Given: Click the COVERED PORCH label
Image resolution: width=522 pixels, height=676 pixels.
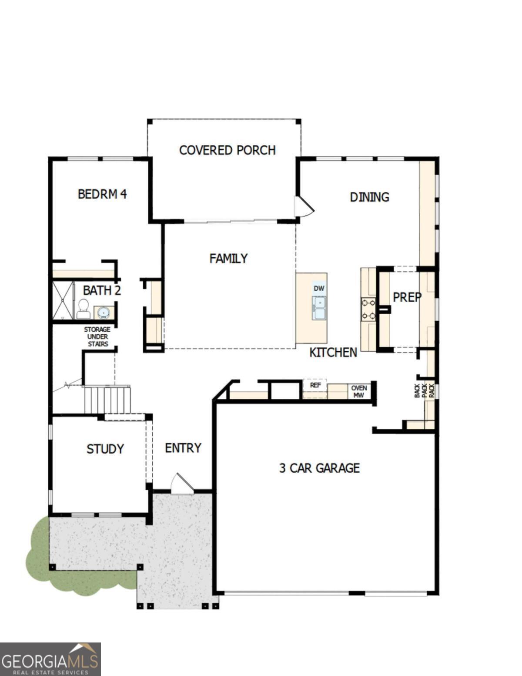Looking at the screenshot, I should (227, 150).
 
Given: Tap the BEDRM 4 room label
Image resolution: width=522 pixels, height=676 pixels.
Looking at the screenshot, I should (102, 194).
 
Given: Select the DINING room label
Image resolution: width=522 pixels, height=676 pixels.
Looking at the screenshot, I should (369, 197).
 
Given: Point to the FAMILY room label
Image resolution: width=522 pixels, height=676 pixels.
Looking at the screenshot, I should (228, 259).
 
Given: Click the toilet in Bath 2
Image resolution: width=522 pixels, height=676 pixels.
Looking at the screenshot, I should (83, 309).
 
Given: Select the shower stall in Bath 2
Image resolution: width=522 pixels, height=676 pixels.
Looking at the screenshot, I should (63, 301).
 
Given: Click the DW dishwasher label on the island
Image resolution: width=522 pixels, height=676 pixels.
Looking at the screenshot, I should (319, 288).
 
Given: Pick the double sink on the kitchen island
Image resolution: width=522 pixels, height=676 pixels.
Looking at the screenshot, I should (319, 307).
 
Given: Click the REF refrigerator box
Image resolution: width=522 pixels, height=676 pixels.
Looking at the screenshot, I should (315, 385).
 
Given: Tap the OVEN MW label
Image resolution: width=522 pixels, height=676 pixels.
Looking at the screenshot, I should (359, 391).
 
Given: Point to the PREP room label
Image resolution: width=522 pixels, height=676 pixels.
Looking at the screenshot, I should (407, 297).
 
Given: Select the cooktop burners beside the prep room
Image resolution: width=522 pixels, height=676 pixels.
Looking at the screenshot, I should (368, 309).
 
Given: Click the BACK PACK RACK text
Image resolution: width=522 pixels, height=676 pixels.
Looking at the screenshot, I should (424, 390).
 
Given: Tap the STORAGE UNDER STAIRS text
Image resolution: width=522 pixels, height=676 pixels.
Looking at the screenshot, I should (97, 336).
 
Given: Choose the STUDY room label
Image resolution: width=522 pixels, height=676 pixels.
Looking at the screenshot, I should (105, 449).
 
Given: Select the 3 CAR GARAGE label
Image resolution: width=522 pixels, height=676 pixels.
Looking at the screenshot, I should (319, 468).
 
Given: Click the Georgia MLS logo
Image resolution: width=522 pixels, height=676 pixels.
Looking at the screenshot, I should (50, 659).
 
